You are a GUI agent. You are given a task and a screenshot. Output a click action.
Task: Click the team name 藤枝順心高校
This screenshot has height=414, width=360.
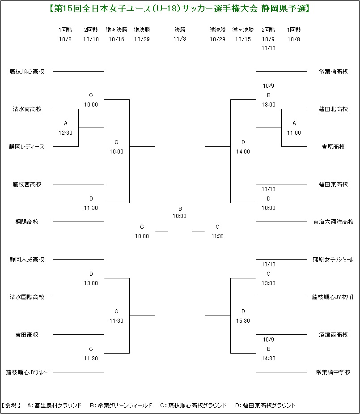[x=27, y=71]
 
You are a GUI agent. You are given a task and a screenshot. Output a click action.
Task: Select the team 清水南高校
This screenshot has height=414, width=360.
[x=27, y=109]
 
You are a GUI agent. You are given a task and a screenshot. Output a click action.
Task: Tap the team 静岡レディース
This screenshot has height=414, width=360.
[x=27, y=146]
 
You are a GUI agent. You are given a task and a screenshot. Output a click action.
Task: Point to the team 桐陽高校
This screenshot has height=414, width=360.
[x=27, y=222]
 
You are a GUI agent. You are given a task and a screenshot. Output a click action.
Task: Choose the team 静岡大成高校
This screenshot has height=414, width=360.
[x=27, y=259]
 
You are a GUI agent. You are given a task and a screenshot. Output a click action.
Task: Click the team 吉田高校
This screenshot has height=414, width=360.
[x=27, y=334]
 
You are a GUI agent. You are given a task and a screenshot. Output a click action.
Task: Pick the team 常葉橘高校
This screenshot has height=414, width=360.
[x=333, y=71]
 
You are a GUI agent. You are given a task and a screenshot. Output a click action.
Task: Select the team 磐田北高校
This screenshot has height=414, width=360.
[x=333, y=109]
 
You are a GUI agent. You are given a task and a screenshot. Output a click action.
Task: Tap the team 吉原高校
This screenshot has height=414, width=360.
[x=333, y=146]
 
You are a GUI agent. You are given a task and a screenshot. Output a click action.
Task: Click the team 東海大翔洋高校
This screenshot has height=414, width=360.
[x=333, y=222]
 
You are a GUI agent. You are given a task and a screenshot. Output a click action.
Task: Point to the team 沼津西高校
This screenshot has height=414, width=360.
[x=333, y=334]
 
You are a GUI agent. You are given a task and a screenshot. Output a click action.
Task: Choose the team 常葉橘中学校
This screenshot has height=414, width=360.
[x=333, y=372]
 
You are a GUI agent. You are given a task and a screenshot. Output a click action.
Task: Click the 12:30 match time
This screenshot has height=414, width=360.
[x=65, y=133]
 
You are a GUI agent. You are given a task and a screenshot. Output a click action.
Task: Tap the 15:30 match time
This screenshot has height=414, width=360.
[x=243, y=321]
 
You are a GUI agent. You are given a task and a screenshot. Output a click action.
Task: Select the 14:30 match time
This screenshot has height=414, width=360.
[x=268, y=359]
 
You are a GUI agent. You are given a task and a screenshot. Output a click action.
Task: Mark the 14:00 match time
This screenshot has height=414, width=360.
[x=243, y=152]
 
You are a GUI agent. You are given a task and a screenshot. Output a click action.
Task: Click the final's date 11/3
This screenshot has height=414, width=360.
[x=180, y=39]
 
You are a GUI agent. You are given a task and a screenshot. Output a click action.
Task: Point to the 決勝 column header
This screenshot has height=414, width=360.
[x=180, y=30]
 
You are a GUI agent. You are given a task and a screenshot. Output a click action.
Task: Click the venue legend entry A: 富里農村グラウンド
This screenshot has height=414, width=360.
[x=54, y=405]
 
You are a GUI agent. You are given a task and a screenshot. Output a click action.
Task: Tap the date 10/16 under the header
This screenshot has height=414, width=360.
[x=116, y=39]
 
